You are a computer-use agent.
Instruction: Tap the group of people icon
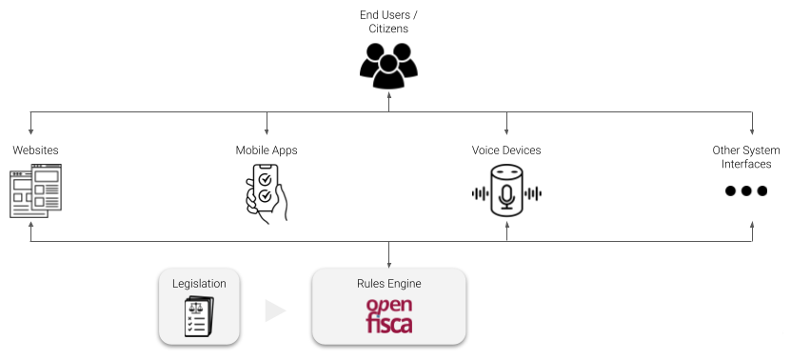388,63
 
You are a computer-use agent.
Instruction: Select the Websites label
35,150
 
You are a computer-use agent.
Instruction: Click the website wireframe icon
35,191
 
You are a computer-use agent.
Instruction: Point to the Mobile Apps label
267,150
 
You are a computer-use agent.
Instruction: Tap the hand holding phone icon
266,193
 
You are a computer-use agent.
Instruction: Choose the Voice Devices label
506,150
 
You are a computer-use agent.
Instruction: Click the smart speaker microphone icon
506,191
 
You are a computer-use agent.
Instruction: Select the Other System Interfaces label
746,157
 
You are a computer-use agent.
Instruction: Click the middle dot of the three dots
746,190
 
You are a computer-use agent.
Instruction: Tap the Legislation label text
199,284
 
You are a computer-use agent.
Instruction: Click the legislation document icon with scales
199,316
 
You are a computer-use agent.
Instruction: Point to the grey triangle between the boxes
274,310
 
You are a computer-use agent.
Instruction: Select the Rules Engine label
388,284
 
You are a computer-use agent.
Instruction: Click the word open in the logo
388,306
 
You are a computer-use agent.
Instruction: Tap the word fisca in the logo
388,325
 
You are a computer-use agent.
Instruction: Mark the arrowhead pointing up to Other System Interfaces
753,227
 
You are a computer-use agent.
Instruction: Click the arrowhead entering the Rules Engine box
388,264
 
